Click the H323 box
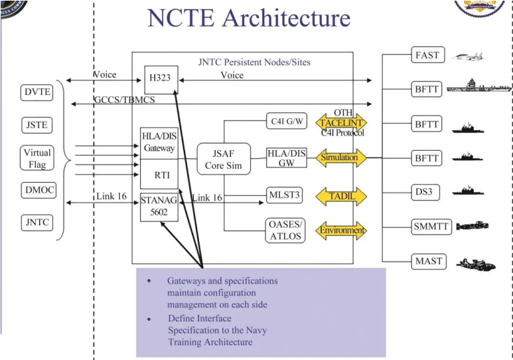point(161,80)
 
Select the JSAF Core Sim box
point(224,159)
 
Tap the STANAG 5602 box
point(159,207)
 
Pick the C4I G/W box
point(287,121)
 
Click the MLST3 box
point(284,195)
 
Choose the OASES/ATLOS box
point(285,230)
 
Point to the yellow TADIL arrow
point(341,197)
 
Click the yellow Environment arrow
point(341,230)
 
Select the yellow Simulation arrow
point(341,157)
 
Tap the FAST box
point(428,55)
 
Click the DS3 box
point(425,192)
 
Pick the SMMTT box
point(431,226)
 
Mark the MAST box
point(429,262)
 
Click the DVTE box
point(37,92)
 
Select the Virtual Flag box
point(37,159)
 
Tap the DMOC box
point(38,191)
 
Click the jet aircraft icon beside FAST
point(468,56)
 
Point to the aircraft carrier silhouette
point(478,86)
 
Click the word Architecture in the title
point(286,18)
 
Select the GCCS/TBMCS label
point(125,100)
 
